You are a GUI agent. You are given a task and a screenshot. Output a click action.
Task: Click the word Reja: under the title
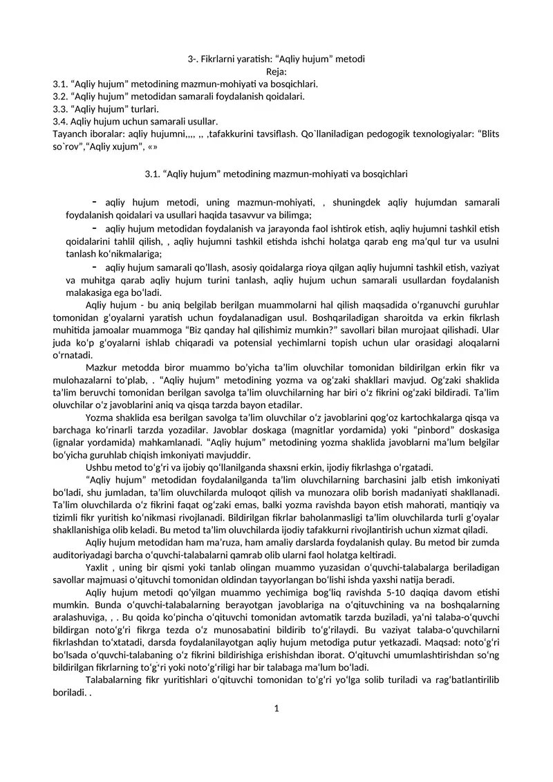[276, 71]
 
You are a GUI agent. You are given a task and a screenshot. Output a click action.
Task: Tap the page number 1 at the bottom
[276, 707]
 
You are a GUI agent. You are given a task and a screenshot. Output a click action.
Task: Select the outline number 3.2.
[59, 96]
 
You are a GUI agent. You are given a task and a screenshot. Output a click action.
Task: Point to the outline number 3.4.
[59, 121]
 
